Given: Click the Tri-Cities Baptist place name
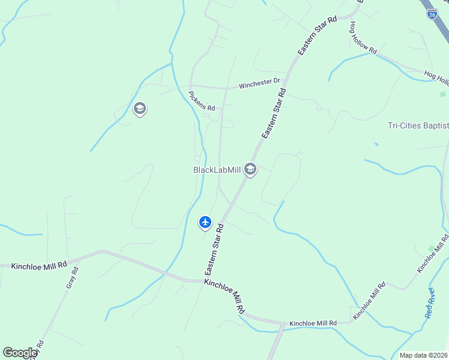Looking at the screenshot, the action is click(x=418, y=125).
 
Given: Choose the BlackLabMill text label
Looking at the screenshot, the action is click(x=217, y=170).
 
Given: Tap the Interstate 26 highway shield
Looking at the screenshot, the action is click(x=432, y=13).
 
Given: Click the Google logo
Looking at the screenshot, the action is click(x=20, y=352).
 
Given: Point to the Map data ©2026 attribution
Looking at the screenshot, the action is click(x=423, y=355).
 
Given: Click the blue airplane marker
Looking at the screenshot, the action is click(x=205, y=222).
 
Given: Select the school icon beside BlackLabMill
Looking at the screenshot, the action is click(x=250, y=170).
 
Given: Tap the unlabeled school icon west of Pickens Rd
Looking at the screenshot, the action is click(x=140, y=109).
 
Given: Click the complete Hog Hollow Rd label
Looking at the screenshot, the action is click(x=363, y=38).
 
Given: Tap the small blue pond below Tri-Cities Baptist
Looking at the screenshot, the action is click(x=376, y=144).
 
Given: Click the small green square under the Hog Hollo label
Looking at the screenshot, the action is click(x=443, y=94).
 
